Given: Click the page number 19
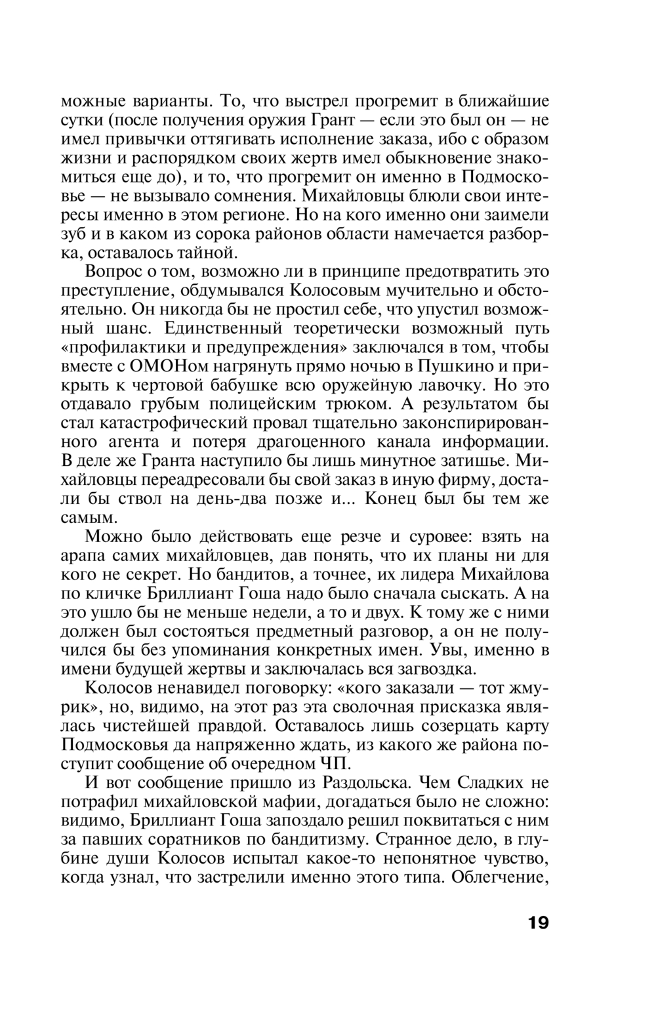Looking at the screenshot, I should pos(537,923).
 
